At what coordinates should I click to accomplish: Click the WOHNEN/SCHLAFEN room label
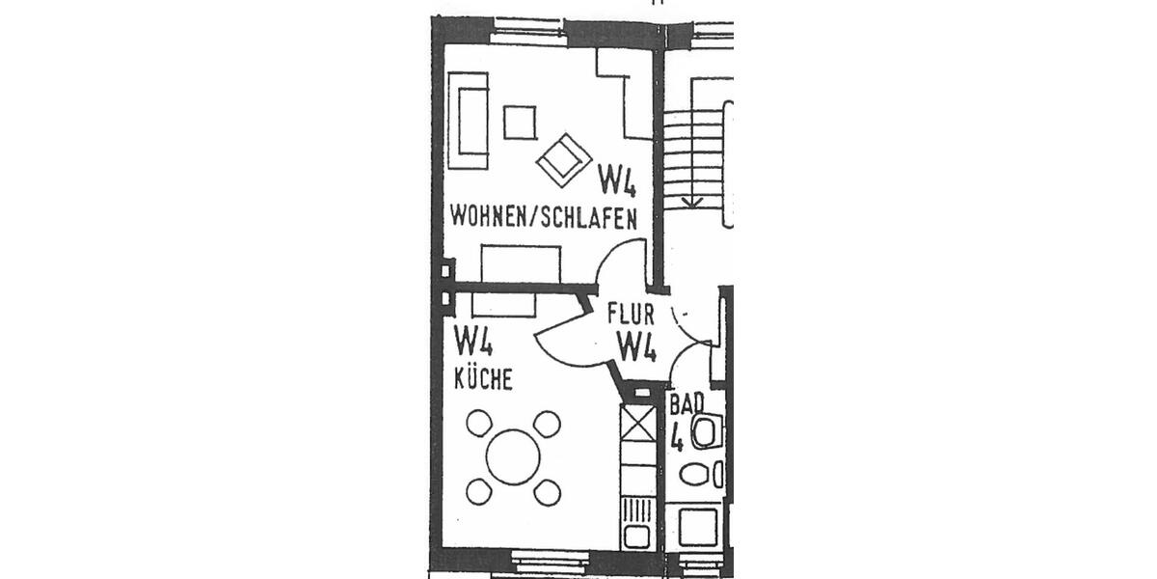pos(543,218)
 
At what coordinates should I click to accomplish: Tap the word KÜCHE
pos(483,380)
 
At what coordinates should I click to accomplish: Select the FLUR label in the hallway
pos(632,314)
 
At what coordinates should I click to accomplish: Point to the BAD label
pos(686,401)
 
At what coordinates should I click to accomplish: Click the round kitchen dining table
pos(513,456)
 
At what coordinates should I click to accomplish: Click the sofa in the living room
pos(472,120)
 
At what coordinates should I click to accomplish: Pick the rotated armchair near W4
pos(563,157)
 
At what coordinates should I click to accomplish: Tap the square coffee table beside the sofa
pos(520,122)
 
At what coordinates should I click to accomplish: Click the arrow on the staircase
pos(691,201)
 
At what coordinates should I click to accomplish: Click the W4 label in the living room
pos(617,179)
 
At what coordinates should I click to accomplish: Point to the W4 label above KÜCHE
pos(475,341)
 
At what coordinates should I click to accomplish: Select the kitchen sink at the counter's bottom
pos(637,535)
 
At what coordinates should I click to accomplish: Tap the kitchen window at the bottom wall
pos(549,560)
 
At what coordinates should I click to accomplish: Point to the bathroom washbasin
pos(705,432)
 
